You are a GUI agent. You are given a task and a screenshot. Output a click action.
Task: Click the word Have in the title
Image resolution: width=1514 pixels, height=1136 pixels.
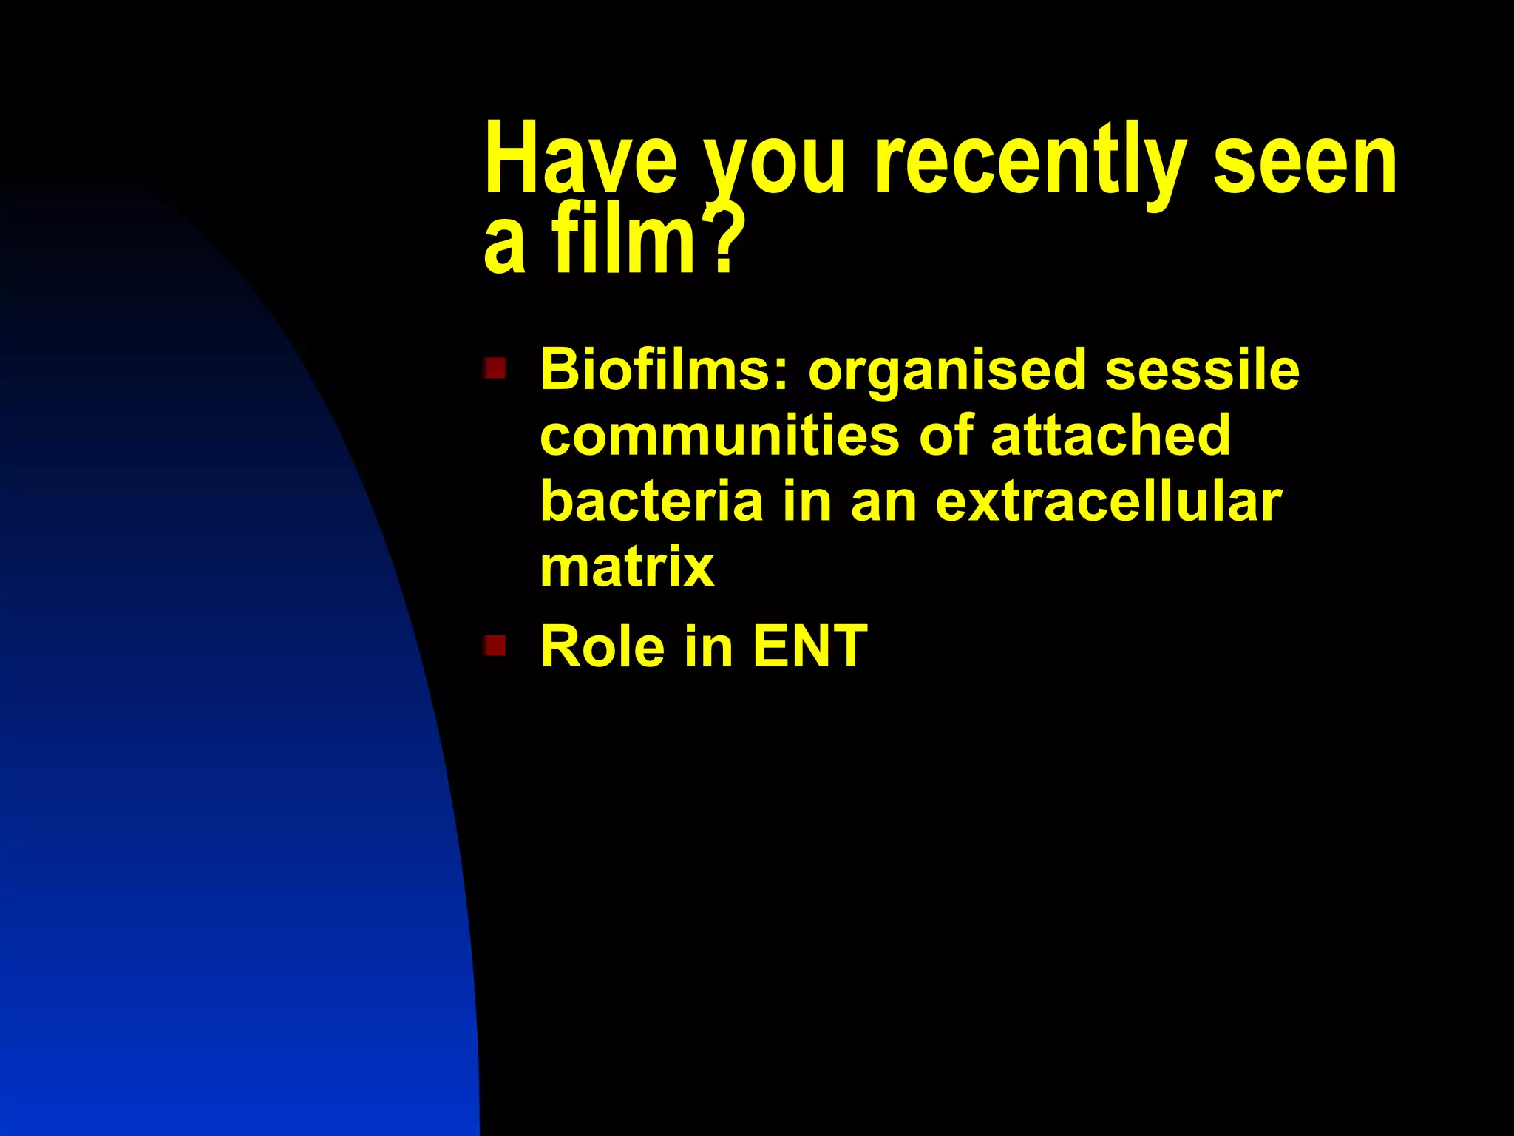pyautogui.click(x=581, y=159)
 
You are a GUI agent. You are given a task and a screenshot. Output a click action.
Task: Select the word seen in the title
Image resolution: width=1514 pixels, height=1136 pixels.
pyautogui.click(x=1305, y=159)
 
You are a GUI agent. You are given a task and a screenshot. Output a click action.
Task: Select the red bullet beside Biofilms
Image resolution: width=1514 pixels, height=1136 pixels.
pyautogui.click(x=495, y=368)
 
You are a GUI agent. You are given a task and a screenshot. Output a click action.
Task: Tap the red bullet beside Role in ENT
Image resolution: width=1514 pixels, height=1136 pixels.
pyautogui.click(x=495, y=646)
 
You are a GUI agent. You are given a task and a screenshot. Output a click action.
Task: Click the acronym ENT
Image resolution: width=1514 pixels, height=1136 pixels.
pyautogui.click(x=809, y=646)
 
